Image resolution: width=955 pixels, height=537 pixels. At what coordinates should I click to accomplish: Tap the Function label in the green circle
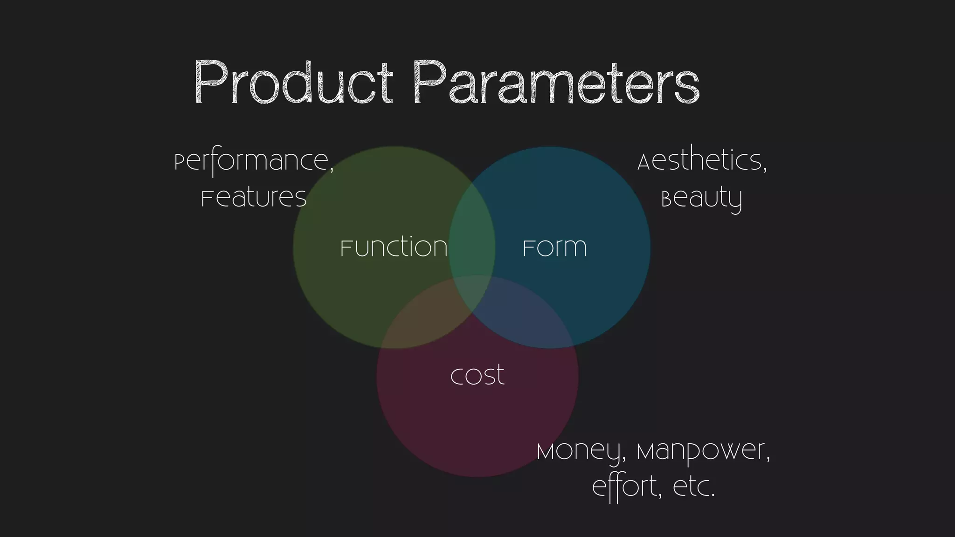coord(394,247)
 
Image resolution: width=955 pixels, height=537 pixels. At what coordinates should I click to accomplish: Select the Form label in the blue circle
coord(554,247)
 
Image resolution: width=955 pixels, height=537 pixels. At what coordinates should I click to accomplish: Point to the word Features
coord(254,198)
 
